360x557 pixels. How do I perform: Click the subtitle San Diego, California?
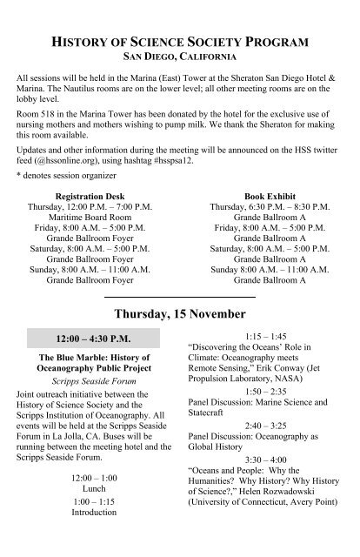[179, 57]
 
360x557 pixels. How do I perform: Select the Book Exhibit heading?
[270, 197]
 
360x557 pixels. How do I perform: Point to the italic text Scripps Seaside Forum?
[90, 380]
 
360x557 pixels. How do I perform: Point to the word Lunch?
[90, 490]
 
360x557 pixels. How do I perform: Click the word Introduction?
[90, 513]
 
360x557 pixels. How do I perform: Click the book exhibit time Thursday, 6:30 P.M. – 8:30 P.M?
[270, 209]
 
